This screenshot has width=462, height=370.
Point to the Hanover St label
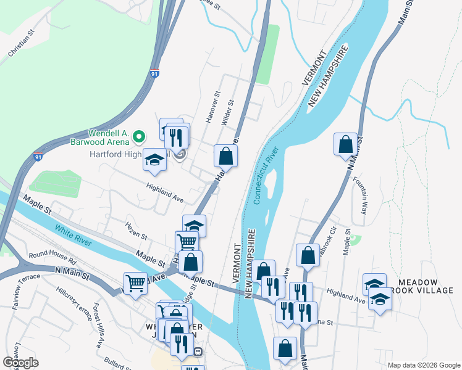pos(212,108)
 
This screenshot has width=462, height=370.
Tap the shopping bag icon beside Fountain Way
pos(346,145)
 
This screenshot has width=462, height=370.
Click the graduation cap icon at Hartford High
pos(154,161)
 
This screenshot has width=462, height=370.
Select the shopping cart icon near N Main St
pos(135,284)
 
